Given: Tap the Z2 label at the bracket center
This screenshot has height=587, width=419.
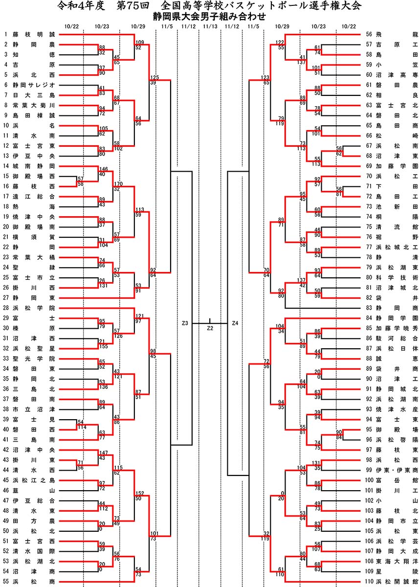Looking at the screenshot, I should click(x=210, y=328).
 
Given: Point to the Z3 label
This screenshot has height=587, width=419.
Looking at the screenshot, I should click(x=185, y=323).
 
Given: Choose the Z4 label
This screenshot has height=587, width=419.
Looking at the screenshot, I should click(x=235, y=323).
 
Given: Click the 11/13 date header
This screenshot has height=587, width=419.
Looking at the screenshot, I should click(x=210, y=26).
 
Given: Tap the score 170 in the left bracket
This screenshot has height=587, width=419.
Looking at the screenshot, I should click(x=118, y=183).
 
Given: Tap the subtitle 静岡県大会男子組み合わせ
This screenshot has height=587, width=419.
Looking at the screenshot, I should click(x=209, y=16).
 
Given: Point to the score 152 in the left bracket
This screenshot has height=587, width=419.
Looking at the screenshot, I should click(x=139, y=493).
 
